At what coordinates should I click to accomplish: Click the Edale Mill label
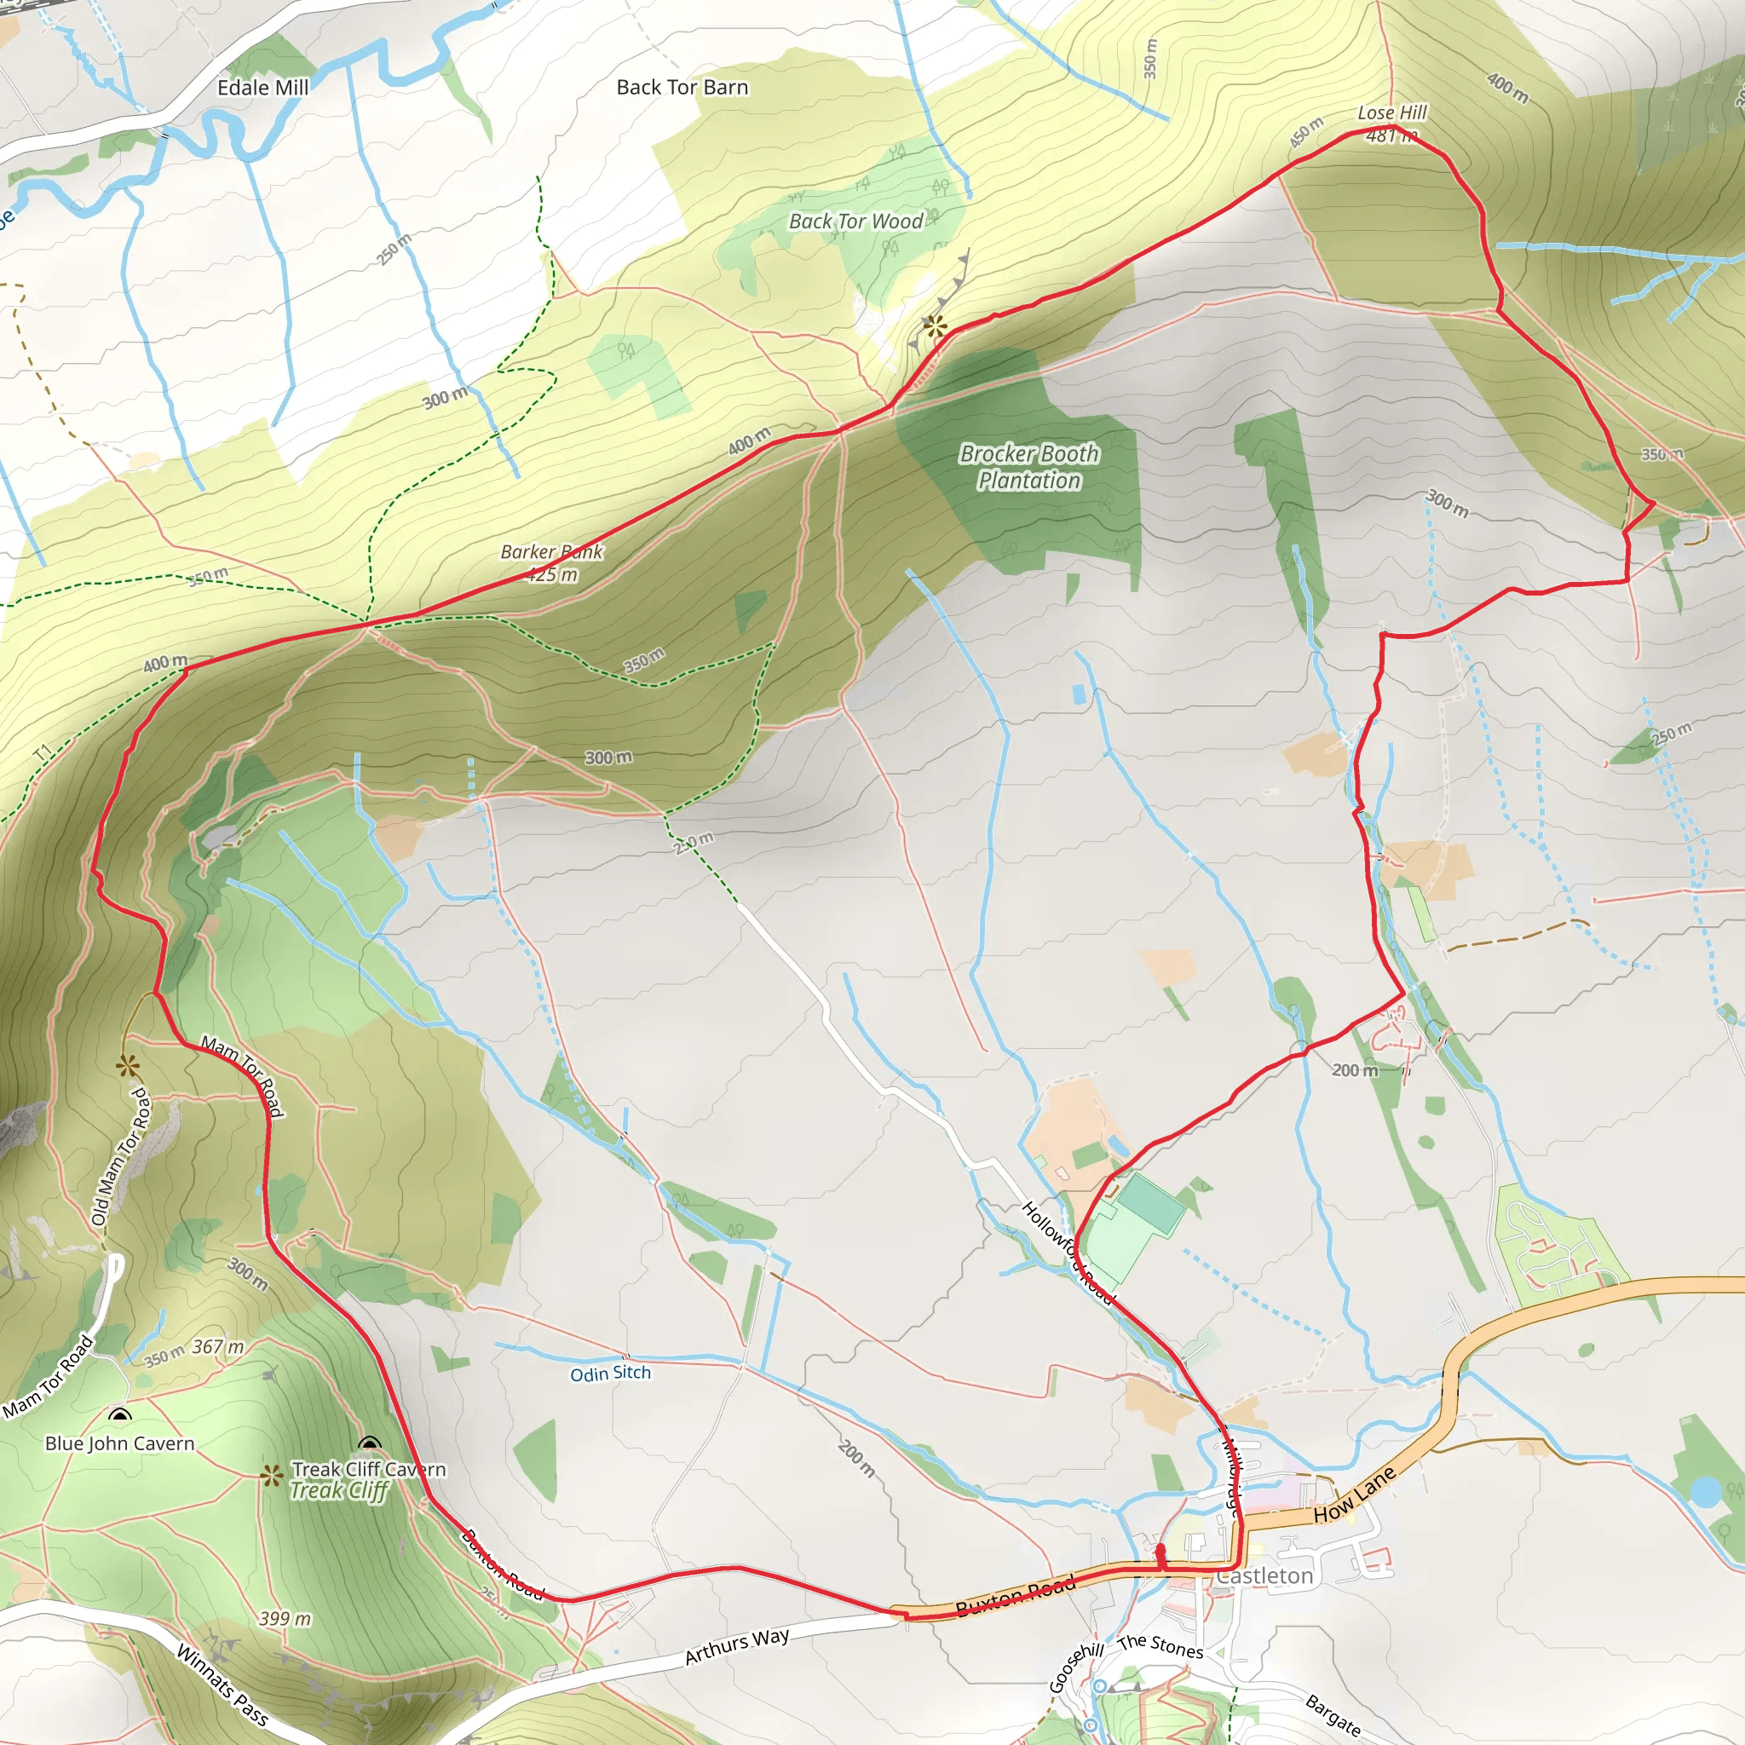pos(262,88)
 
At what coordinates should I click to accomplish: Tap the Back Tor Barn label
pos(682,88)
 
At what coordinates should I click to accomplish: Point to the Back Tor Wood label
pos(855,222)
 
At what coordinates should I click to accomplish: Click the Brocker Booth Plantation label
pos(1028,467)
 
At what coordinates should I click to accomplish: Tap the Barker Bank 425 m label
pos(552,562)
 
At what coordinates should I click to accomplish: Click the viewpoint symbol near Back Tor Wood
pos(934,326)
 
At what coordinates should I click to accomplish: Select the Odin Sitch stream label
pos(610,1373)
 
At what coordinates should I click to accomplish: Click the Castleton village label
pos(1264,1575)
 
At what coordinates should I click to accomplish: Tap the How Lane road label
pos(1354,1494)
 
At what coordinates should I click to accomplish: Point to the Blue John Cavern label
pos(120,1443)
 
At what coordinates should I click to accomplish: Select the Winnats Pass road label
pos(222,1685)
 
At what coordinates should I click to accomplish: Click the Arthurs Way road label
pos(736,1645)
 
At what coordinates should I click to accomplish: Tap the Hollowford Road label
pos(1068,1252)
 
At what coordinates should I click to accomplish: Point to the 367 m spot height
pos(217,1347)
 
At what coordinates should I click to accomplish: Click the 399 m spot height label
pos(285,1619)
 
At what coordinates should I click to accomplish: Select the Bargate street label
pos(1333,1715)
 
